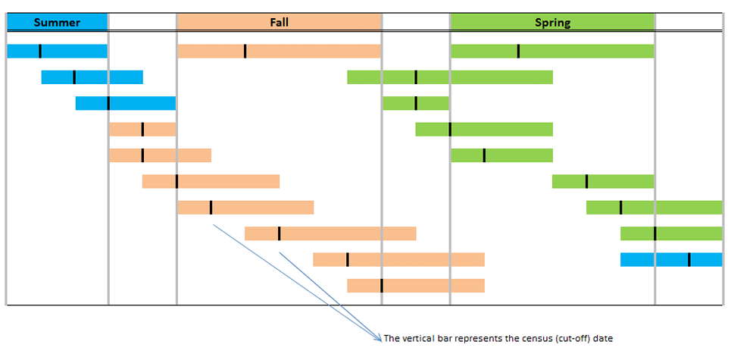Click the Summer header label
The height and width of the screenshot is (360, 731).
57,23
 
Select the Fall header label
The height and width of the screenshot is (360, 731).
279,23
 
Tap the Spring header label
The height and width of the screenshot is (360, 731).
552,23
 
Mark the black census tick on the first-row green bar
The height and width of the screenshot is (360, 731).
518,52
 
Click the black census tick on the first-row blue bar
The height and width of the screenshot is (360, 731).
40,52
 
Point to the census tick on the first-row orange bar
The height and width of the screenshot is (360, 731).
245,52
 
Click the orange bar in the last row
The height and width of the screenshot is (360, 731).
432,286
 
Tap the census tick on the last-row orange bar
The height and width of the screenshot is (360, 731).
382,286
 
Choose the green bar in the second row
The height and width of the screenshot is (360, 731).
485,77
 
